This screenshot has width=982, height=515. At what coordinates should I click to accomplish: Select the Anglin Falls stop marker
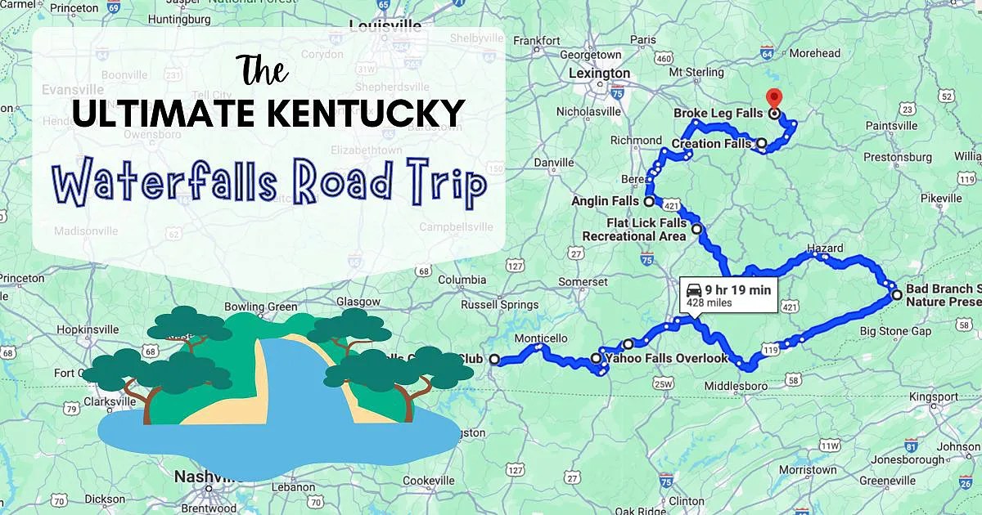point(649,201)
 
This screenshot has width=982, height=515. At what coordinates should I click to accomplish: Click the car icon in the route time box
point(692,289)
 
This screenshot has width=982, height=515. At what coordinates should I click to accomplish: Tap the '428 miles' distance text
point(709,302)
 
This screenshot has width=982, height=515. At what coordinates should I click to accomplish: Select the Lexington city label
point(599,73)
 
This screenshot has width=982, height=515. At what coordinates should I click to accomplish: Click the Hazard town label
point(824,248)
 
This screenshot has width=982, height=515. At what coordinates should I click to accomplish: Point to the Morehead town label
point(814,53)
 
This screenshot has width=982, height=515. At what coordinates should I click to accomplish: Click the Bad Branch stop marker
point(897,295)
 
